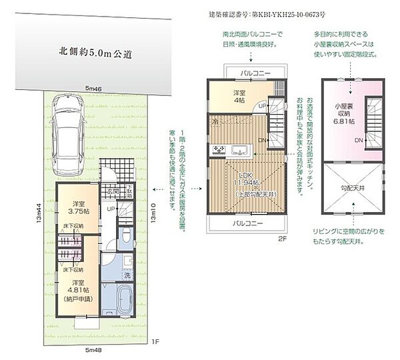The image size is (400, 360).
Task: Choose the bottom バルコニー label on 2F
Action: click(247, 223)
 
